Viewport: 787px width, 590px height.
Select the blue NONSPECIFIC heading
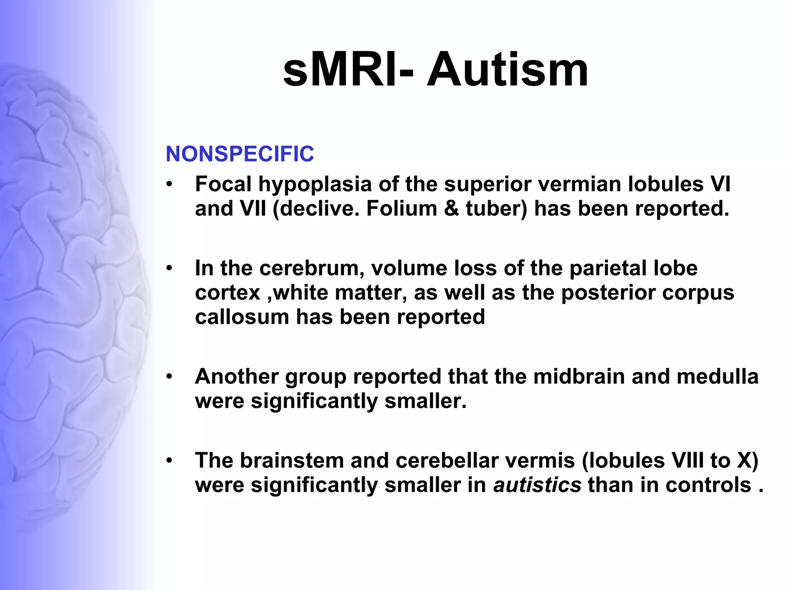(240, 154)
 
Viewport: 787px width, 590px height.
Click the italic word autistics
(537, 485)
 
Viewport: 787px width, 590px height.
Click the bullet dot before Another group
(169, 377)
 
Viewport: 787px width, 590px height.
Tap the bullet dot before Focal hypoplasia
(169, 184)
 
